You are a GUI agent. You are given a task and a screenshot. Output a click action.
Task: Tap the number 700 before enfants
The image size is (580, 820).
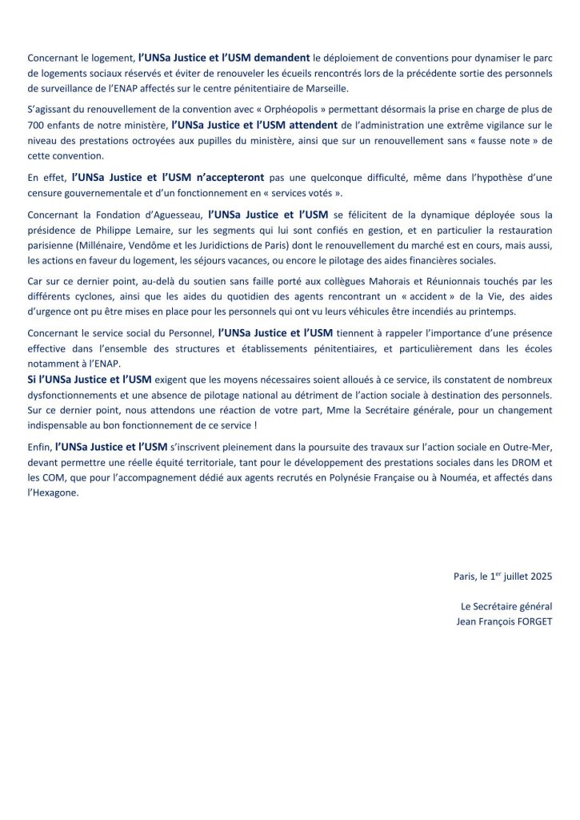coord(37,125)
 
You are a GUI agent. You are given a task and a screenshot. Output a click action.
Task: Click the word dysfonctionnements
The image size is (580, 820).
coord(74,395)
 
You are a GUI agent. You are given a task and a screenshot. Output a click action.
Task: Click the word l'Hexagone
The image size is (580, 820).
coord(54,492)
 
